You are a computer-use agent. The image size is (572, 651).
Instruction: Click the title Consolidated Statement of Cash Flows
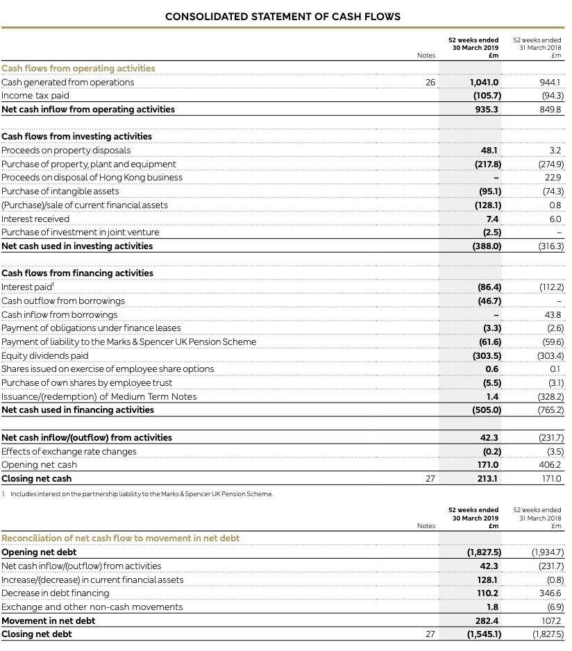(x=283, y=16)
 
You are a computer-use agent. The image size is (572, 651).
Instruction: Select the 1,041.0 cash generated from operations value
(x=484, y=82)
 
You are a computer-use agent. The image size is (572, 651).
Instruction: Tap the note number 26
(x=430, y=82)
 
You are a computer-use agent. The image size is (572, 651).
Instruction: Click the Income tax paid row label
(x=35, y=96)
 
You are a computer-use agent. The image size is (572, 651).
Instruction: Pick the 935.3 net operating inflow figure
(x=487, y=109)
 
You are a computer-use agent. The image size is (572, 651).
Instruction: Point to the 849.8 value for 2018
(x=550, y=109)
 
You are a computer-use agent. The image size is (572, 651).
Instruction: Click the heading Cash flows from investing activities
(x=76, y=136)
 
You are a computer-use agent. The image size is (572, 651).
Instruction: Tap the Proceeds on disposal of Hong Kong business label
(x=92, y=177)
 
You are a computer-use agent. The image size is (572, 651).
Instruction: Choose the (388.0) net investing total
(x=484, y=246)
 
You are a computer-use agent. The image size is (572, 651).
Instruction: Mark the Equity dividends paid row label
(x=45, y=355)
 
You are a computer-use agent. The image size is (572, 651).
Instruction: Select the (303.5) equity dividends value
(x=484, y=355)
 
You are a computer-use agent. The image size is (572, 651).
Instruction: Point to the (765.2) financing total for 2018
(x=550, y=409)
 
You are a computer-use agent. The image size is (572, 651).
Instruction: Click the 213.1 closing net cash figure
(x=489, y=478)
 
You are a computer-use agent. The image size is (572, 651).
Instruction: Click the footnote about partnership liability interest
(x=137, y=494)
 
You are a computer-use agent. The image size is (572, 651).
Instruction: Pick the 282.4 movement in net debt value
(x=487, y=620)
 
